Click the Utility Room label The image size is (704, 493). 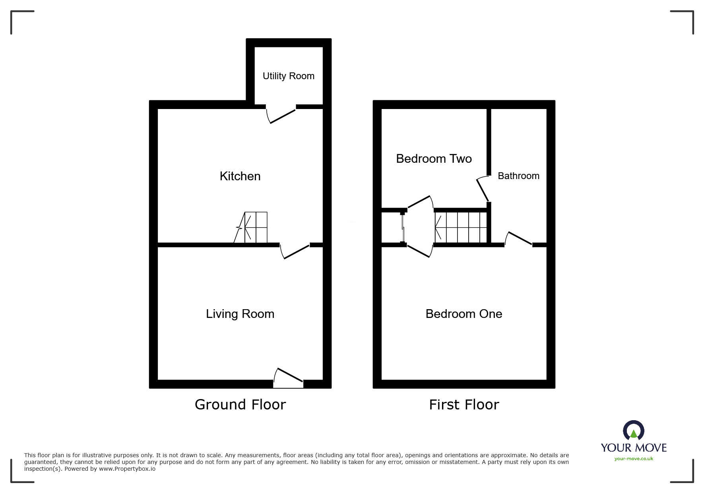click(288, 76)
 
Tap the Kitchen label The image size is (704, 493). click(240, 176)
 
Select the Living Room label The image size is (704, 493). click(240, 314)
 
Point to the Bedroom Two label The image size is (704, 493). click(434, 159)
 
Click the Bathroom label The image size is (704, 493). click(518, 176)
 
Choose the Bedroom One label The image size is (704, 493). click(464, 314)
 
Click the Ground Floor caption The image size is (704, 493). click(240, 405)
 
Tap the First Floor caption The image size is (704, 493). click(464, 405)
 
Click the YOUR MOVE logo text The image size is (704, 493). click(634, 448)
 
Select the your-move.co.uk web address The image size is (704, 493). click(634, 459)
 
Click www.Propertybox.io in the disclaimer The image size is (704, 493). click(127, 469)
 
